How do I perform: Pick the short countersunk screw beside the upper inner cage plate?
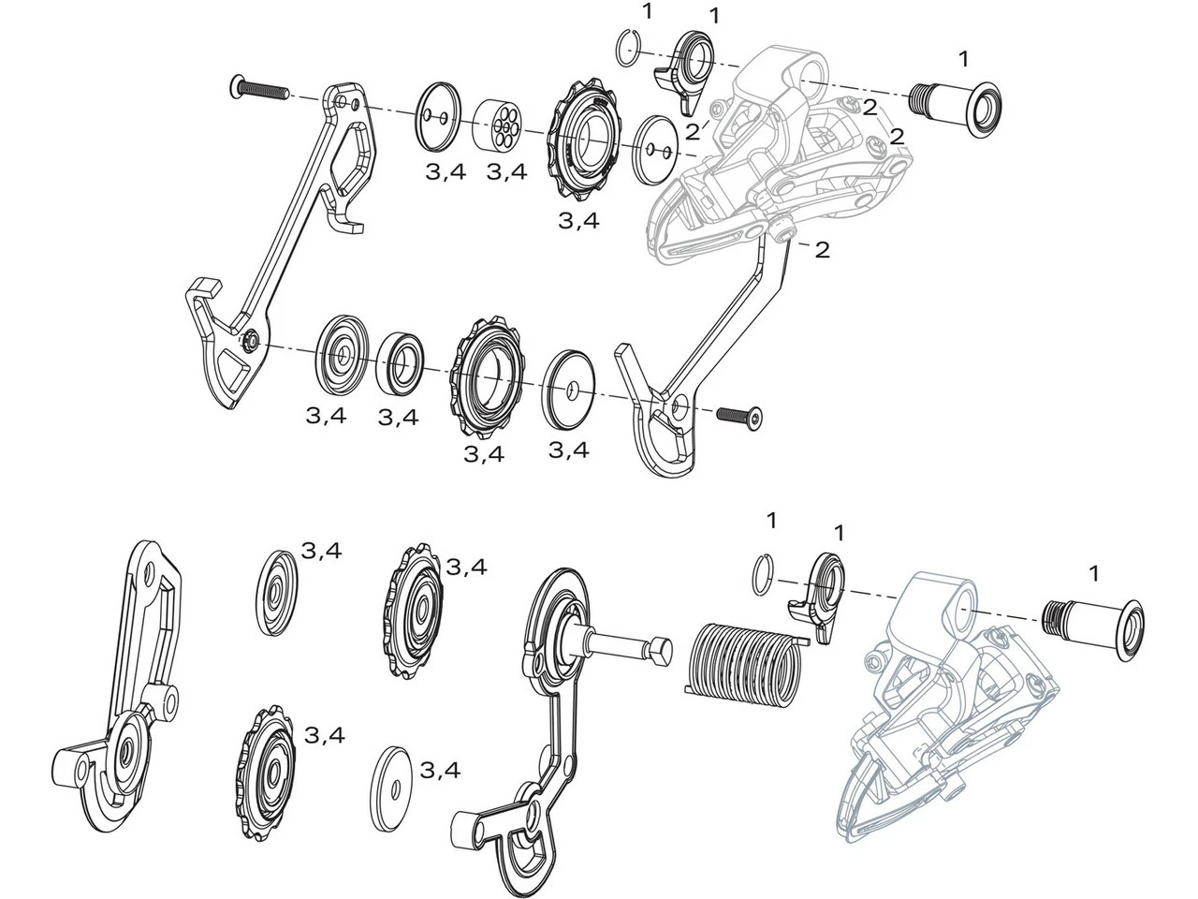(739, 414)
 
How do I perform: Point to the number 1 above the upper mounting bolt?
(964, 59)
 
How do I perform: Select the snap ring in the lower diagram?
(763, 573)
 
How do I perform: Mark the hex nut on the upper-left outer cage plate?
(250, 343)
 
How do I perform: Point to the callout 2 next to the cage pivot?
(822, 250)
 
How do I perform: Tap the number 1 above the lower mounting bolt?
(1094, 573)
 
